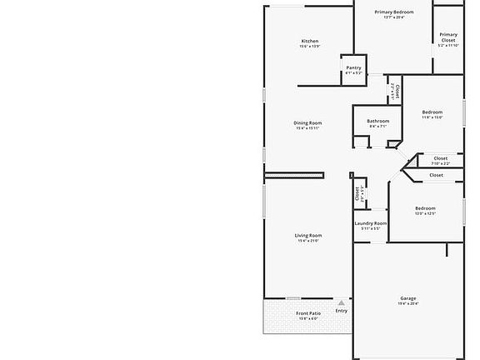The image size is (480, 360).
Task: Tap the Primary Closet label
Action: click(448, 37)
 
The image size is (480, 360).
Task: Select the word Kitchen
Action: click(309, 41)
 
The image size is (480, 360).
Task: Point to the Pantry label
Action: click(353, 67)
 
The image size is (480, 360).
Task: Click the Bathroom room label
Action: click(377, 121)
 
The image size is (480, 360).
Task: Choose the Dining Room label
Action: click(307, 122)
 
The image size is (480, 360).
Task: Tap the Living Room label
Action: click(308, 235)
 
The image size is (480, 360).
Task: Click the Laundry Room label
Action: click(370, 222)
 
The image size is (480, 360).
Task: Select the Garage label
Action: click(408, 297)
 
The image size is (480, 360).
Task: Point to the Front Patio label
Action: click(308, 313)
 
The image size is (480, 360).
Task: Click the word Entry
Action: click(341, 311)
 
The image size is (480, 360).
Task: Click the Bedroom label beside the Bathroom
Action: click(432, 112)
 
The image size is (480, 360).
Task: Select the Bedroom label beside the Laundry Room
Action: click(425, 207)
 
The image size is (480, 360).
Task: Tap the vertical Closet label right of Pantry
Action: click(397, 87)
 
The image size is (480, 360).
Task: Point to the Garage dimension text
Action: click(408, 303)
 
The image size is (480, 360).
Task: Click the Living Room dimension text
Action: click(308, 241)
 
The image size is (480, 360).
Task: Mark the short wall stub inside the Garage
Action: click(447, 250)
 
